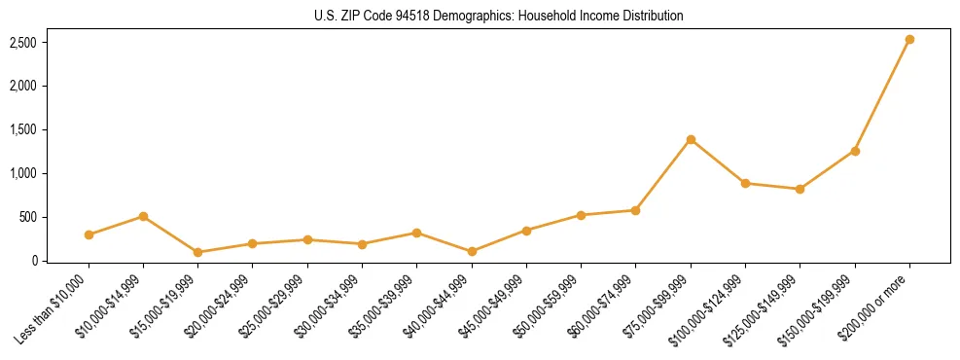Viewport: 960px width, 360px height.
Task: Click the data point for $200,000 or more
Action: pos(909,40)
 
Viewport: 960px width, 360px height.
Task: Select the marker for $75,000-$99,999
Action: pos(691,139)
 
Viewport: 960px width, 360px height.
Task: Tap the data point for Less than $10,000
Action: pos(89,234)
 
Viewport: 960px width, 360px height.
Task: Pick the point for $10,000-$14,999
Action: pos(143,216)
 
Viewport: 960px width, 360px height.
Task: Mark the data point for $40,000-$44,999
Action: pos(472,251)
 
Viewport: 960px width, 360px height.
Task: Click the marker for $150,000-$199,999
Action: pos(855,151)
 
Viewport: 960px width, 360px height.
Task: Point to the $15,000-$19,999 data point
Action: pos(197,252)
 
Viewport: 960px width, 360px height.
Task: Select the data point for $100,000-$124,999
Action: pos(745,183)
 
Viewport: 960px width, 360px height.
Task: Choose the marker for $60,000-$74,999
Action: pos(635,210)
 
